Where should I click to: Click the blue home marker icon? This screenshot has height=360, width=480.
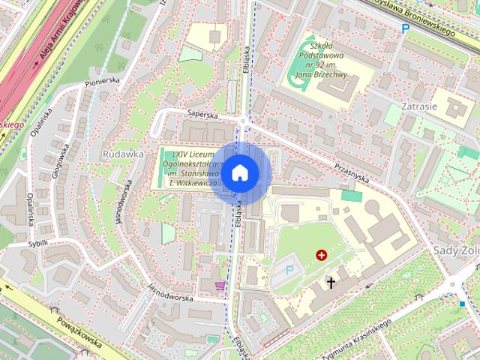click(x=239, y=172)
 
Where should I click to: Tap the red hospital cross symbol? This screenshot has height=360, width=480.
click(x=322, y=255)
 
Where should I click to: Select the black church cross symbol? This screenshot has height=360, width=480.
click(x=331, y=283)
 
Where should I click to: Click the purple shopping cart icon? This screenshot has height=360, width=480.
click(x=220, y=285)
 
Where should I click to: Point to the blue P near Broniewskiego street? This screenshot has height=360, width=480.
click(x=405, y=28)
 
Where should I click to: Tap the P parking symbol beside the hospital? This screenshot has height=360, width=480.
click(x=290, y=269)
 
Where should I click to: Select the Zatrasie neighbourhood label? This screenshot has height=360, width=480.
click(x=418, y=106)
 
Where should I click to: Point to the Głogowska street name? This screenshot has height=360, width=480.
click(x=58, y=158)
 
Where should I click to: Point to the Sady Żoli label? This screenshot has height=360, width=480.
click(x=456, y=249)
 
